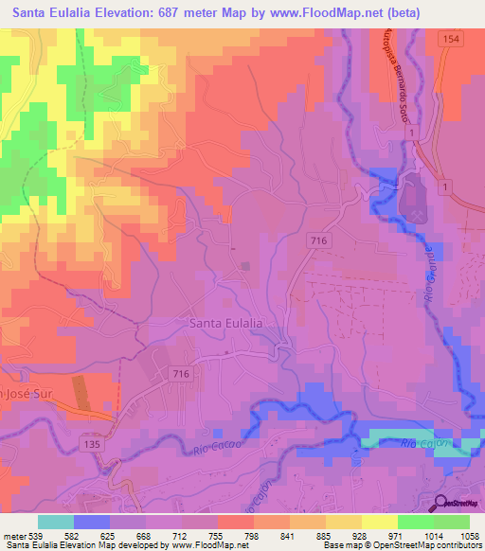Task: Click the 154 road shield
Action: click(x=449, y=36)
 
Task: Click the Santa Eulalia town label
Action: click(x=226, y=323)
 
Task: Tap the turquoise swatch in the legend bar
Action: click(x=56, y=522)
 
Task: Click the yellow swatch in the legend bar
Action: click(x=380, y=522)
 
